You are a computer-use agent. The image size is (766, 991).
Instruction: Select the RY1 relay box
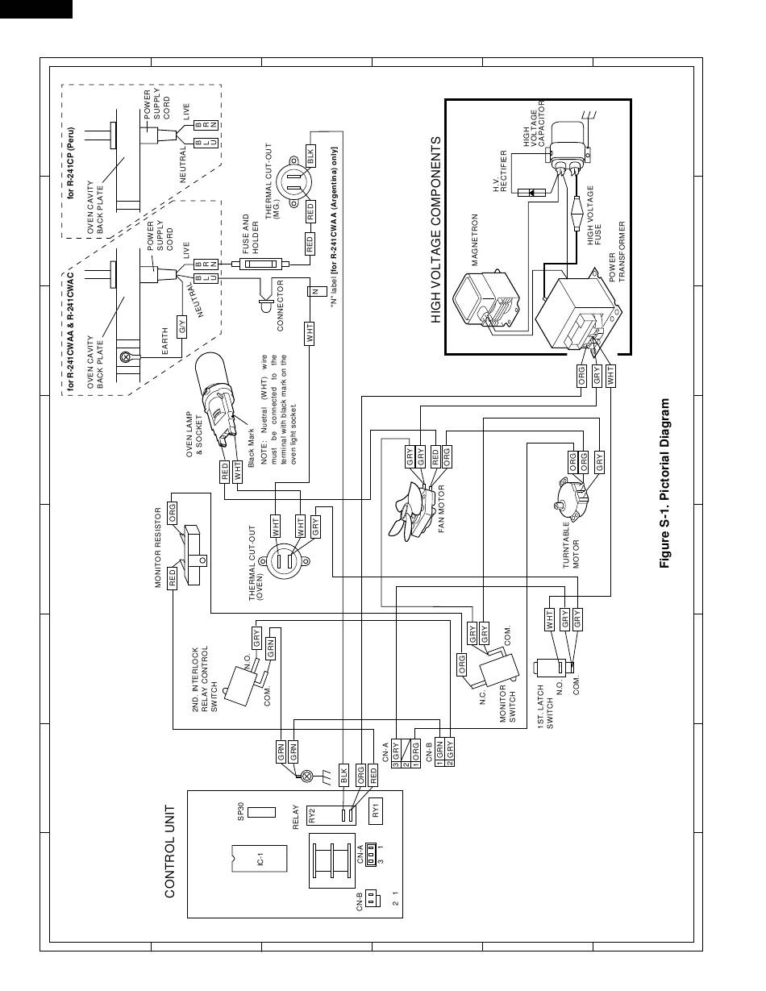(376, 810)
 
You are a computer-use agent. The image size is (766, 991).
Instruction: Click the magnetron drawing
(486, 301)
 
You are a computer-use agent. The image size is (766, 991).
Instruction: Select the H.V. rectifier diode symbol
(531, 193)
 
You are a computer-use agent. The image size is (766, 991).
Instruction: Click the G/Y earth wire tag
(182, 326)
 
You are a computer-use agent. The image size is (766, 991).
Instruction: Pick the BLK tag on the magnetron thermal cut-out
(310, 157)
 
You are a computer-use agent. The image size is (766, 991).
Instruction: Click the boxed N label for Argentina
(315, 291)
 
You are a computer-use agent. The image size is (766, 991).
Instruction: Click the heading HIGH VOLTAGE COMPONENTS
(436, 231)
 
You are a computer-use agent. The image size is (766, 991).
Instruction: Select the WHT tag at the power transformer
(610, 376)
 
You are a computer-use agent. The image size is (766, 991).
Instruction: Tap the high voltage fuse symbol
(577, 213)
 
